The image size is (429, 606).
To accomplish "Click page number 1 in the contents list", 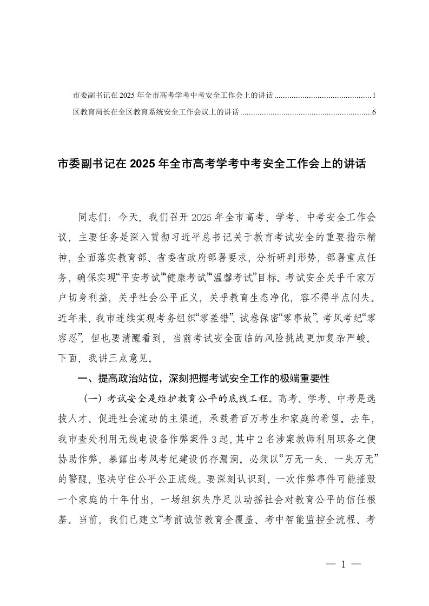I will click(x=374, y=96).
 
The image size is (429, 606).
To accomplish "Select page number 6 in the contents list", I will click(x=374, y=113).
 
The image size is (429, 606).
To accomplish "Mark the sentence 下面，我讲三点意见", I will click(x=108, y=357).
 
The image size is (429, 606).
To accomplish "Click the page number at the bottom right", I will click(x=343, y=565).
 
